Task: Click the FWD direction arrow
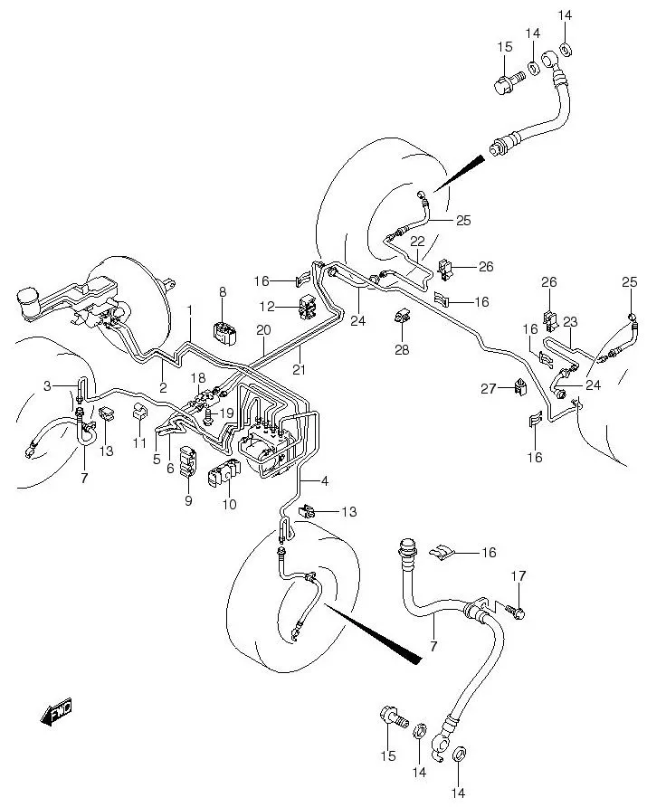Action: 56,712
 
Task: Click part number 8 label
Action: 223,292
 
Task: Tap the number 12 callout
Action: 267,307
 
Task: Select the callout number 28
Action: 402,350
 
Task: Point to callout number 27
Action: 488,389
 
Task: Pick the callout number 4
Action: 324,481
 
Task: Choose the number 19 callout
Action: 226,413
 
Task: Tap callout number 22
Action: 417,242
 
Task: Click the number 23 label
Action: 570,322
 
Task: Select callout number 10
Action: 230,505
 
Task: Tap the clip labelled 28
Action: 402,316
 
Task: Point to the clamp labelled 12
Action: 308,307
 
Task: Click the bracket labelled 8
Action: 225,334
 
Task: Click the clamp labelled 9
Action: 186,461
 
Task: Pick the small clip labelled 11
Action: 140,412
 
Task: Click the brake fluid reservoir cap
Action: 28,298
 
